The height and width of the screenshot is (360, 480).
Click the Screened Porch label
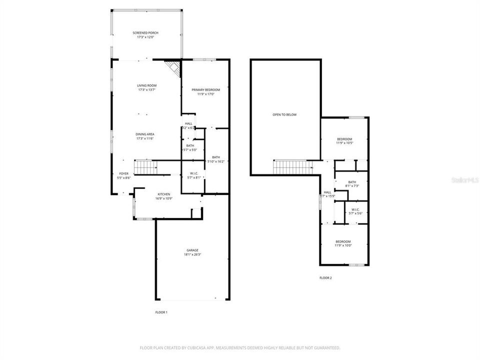(x=145, y=32)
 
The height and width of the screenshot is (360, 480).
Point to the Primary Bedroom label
(x=205, y=89)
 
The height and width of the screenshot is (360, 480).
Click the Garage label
(x=192, y=250)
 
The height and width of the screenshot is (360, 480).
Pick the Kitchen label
(x=164, y=194)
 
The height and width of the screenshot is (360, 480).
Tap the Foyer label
(x=123, y=173)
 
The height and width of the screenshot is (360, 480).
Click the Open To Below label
(x=284, y=114)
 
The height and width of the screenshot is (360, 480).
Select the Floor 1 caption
(x=161, y=312)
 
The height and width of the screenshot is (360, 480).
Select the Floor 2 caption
(x=325, y=278)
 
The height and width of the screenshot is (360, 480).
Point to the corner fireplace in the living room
(x=173, y=68)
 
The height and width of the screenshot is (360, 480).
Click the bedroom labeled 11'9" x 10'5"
(x=344, y=141)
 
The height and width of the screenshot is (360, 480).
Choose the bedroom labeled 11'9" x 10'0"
(x=343, y=243)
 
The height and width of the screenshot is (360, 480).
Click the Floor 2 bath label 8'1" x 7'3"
(x=352, y=183)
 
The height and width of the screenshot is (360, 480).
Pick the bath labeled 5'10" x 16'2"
(x=216, y=159)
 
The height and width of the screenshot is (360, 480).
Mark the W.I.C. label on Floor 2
(x=355, y=211)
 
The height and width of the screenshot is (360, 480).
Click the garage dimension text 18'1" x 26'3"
(x=192, y=254)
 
